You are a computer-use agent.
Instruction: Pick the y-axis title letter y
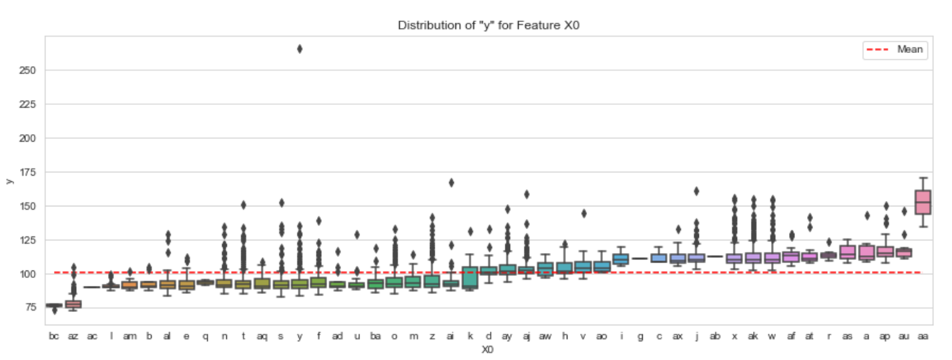9,181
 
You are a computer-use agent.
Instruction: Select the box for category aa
923,202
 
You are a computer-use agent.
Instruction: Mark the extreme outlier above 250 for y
300,49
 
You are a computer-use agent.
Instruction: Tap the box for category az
73,304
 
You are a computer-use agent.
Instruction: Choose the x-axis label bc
54,337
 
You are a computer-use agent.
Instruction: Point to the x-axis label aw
545,337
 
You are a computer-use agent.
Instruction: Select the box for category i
621,259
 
